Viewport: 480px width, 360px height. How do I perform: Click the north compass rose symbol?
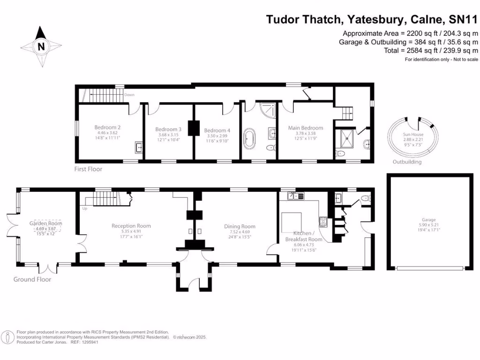[x=41, y=45]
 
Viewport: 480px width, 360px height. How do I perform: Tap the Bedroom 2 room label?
[x=108, y=127]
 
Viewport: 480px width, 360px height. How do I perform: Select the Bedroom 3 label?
[x=168, y=129]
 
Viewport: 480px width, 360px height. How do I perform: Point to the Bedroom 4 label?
[x=217, y=130]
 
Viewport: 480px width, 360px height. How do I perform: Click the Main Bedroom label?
[x=306, y=127]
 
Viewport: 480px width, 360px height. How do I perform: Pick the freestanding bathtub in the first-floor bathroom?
[x=248, y=140]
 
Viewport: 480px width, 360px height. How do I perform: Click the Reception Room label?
[x=131, y=226]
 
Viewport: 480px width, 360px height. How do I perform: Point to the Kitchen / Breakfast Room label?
[x=304, y=236]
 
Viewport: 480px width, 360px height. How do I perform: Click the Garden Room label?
[x=46, y=224]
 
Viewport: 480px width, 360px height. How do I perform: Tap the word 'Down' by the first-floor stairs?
[x=129, y=95]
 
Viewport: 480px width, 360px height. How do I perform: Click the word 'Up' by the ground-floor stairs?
[x=85, y=208]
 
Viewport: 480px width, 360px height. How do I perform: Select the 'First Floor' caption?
[x=88, y=169]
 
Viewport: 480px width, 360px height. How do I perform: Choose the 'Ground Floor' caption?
[x=32, y=279]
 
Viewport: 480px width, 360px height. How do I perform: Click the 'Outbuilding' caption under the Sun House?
[x=407, y=162]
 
